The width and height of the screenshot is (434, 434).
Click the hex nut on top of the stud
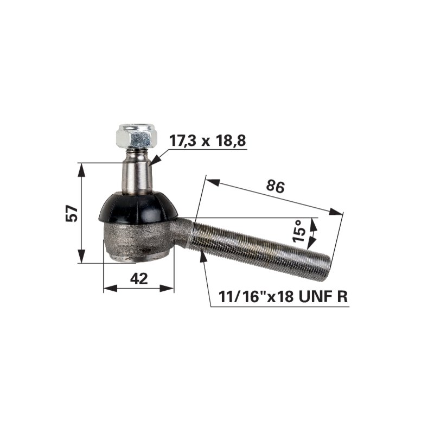point(137,136)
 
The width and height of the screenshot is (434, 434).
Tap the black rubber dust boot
point(138,208)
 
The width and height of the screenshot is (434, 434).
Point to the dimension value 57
point(72,213)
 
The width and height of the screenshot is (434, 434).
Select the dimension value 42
point(139,278)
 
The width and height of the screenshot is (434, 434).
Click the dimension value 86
point(275,186)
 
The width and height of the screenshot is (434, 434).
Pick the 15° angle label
point(299,231)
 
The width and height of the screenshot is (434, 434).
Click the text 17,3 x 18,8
point(207,141)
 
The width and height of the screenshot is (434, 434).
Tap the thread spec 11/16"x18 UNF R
point(283,297)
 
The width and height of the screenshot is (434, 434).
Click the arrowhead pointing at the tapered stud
point(155,160)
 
